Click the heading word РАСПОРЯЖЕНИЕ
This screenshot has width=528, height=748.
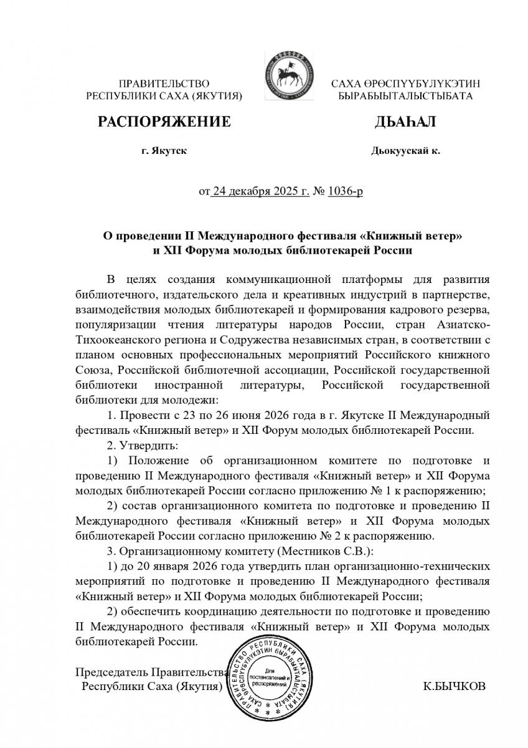click(x=164, y=122)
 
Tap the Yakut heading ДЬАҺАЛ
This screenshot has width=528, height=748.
click(x=405, y=122)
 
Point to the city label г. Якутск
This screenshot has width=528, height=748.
click(x=164, y=151)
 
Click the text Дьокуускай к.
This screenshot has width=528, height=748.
click(x=405, y=151)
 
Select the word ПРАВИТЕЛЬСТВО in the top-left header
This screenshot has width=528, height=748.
click(x=164, y=84)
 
